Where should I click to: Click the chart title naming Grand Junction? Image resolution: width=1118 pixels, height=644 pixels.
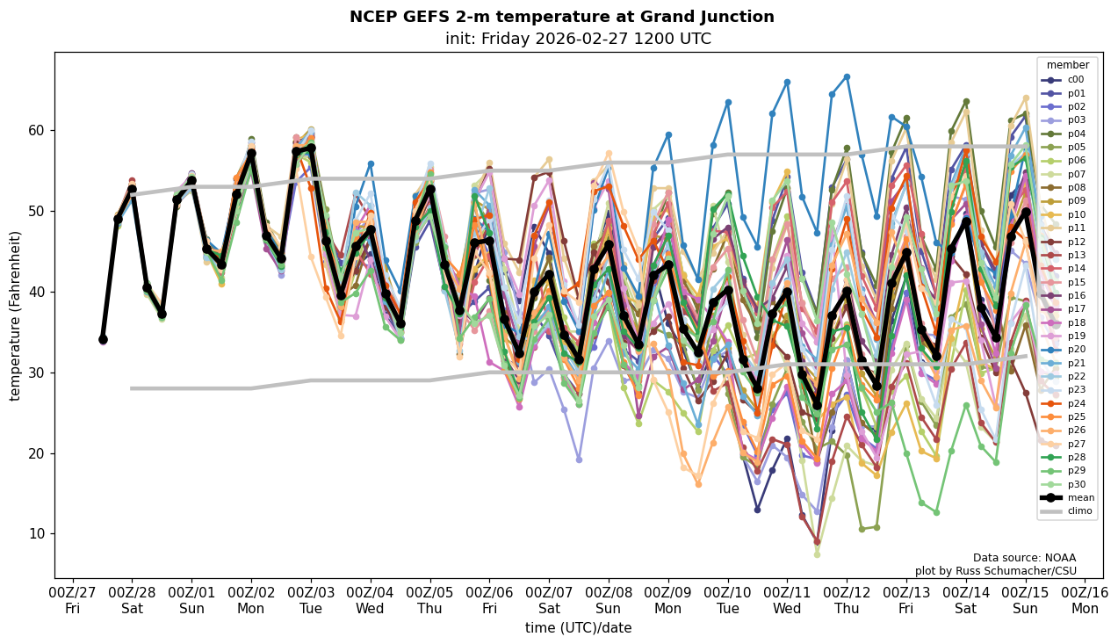coord(562,17)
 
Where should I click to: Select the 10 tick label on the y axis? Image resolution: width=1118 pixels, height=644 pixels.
coord(39,534)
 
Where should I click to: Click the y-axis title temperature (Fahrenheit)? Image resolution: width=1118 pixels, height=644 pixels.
coord(15,315)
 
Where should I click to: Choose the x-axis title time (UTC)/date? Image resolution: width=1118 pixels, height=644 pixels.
coord(578,628)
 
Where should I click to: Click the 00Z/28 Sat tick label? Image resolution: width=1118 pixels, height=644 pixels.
coord(132,599)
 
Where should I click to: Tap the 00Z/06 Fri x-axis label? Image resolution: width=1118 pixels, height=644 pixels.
coord(489,599)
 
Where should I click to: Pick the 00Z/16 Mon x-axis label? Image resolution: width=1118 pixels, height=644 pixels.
coord(1085,599)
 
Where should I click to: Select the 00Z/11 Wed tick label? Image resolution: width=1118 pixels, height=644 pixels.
coord(787,599)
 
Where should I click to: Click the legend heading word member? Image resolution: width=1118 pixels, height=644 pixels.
coord(1067,65)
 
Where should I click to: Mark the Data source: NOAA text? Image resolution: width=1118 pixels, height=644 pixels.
coord(1024,558)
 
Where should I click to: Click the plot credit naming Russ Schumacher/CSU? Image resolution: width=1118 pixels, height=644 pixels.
coord(1008,571)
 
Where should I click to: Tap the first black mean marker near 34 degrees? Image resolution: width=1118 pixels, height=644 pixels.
coord(103,339)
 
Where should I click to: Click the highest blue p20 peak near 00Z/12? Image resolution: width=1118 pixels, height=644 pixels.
coord(847,76)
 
